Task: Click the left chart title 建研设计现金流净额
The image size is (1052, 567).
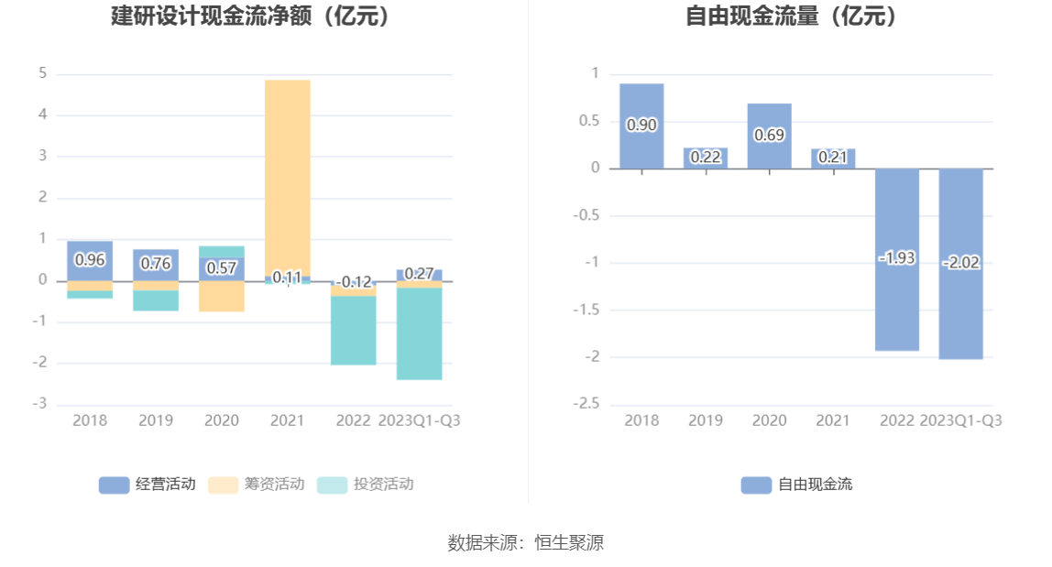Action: [250, 16]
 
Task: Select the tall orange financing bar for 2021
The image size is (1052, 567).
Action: [288, 174]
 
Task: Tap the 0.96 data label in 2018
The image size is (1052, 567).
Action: [90, 259]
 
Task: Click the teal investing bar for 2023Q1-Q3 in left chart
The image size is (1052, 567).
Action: [420, 333]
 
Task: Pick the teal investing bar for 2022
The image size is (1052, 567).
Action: [354, 330]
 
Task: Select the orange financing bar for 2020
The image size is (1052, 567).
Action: [222, 296]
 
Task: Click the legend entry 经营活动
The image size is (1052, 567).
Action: [148, 485]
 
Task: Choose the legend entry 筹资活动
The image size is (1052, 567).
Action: [257, 485]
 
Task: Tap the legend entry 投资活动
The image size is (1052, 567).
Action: [366, 485]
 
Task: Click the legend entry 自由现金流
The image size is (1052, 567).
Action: [796, 485]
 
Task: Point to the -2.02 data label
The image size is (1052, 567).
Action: [961, 263]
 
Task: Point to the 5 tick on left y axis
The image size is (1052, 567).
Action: [43, 73]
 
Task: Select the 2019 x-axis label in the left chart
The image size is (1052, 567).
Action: [156, 420]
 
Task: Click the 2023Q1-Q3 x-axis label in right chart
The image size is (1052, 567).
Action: [960, 420]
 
